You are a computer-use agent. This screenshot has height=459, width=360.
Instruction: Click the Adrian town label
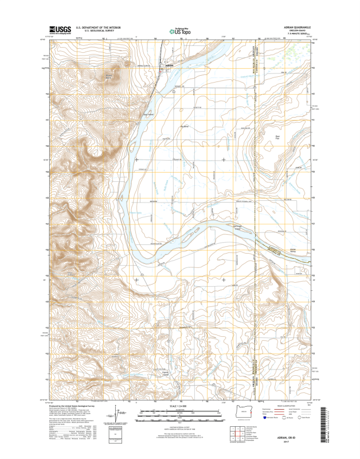[x=169, y=65]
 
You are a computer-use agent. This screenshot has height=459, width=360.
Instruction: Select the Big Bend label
[x=185, y=126]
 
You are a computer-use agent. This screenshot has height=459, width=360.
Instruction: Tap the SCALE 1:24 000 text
[x=179, y=406]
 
